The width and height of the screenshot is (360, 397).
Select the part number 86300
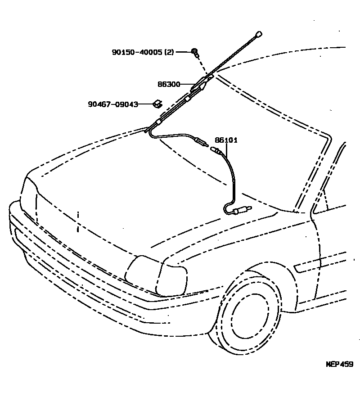click(x=169, y=84)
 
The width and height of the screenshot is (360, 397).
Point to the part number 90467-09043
click(x=112, y=104)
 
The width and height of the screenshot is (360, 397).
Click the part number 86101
click(x=226, y=140)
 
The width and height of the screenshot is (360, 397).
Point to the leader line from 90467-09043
click(x=145, y=104)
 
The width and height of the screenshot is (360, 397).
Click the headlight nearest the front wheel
click(x=156, y=275)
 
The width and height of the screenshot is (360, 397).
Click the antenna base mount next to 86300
click(x=202, y=84)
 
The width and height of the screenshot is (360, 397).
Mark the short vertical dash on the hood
click(x=78, y=221)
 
